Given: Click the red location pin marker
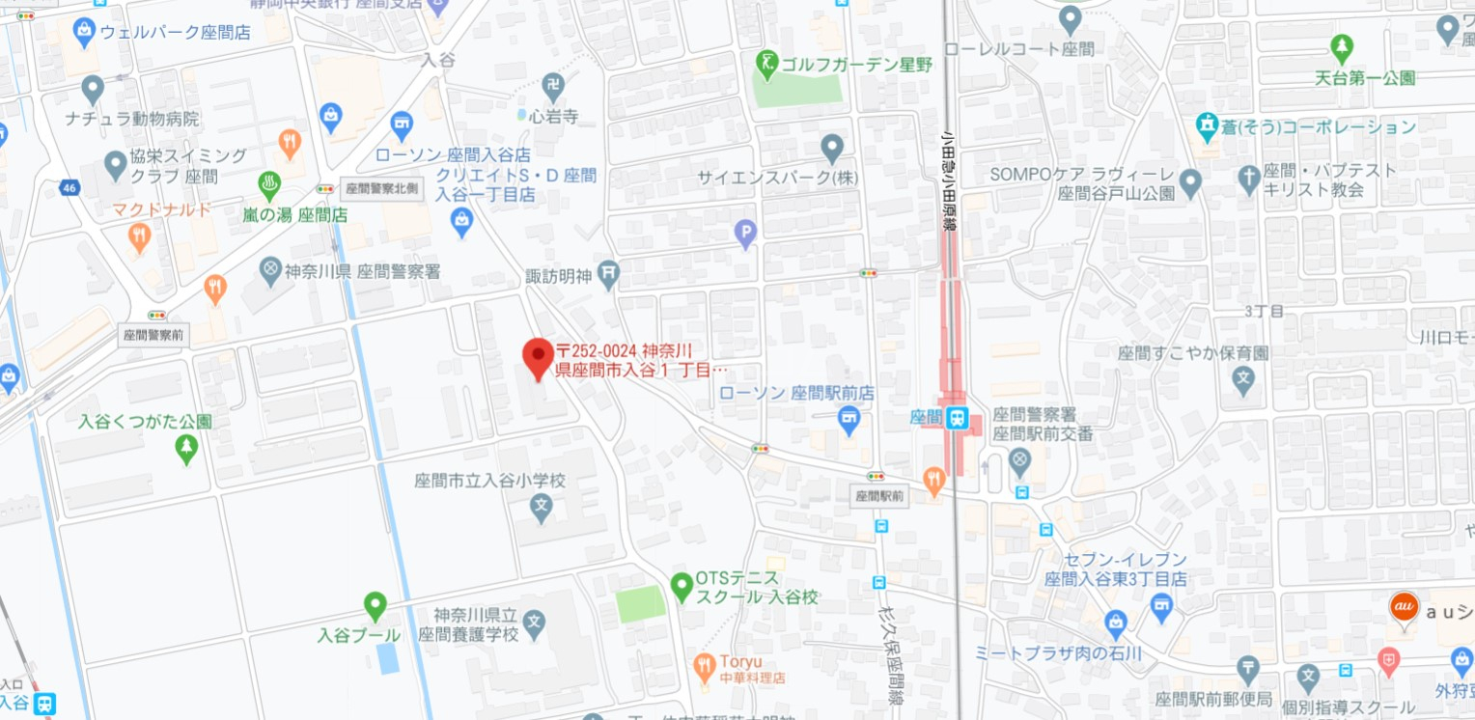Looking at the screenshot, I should coord(538,357).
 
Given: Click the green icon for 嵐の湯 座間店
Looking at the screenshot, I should coord(269,183).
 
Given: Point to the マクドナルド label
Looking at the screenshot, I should coord(161,209).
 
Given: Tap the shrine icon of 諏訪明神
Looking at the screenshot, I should coord(608,275).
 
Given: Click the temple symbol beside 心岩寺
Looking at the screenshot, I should coord(553,85).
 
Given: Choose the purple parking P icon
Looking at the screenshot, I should coord(745,232).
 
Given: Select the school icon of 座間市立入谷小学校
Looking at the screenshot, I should coord(543,504).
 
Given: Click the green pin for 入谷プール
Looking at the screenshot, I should coord(375,605).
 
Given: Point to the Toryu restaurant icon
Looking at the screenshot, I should coord(704,664).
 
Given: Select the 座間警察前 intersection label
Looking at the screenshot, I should coord(155,335).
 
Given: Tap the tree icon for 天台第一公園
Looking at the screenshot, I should coord(1341,45).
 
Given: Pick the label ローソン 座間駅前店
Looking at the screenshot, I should coord(796,393).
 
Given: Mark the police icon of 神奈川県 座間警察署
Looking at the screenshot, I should coord(272,266).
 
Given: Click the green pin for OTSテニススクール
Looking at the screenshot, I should coord(682,584).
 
